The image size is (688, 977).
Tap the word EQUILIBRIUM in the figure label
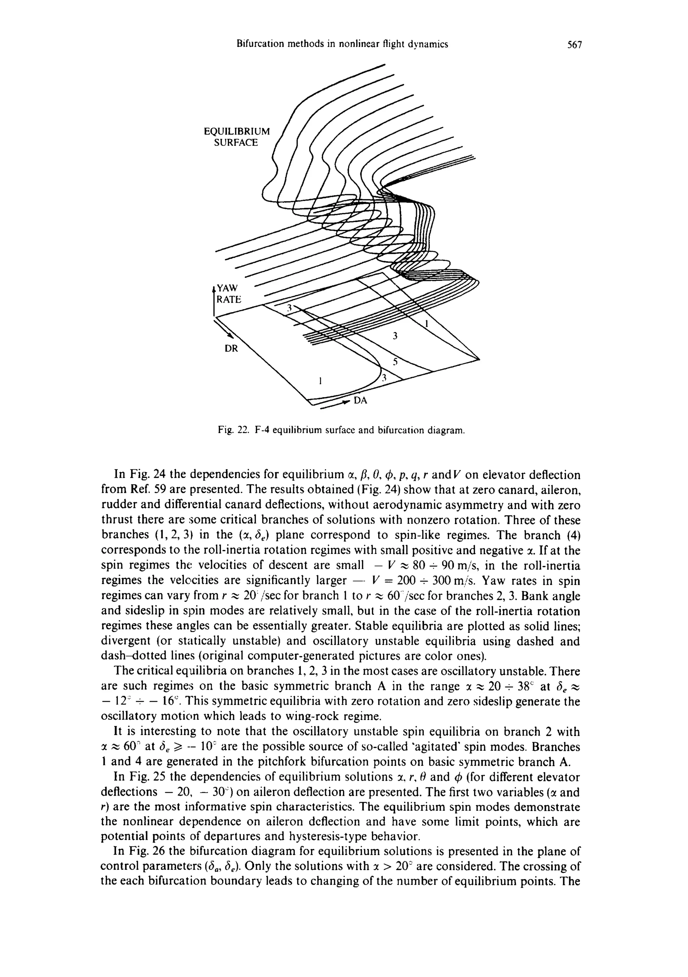pyautogui.click(x=236, y=131)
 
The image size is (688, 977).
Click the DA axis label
pyautogui.click(x=361, y=401)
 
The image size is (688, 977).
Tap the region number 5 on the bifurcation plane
pyautogui.click(x=395, y=362)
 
